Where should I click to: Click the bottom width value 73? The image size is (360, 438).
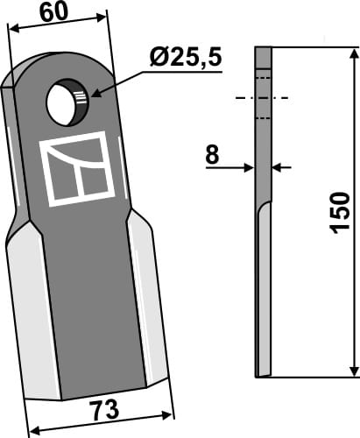[x=104, y=410]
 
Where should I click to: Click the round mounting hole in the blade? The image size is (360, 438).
[x=67, y=104]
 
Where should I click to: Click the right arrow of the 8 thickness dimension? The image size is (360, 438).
[x=279, y=165]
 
